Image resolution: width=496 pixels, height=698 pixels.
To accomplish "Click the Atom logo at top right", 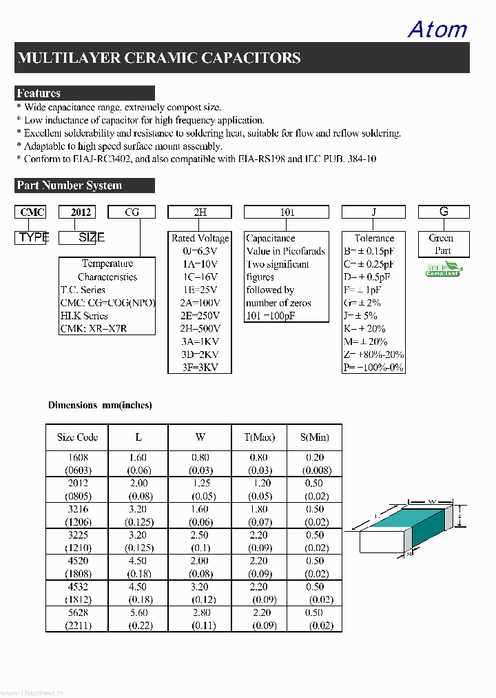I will click(437, 29).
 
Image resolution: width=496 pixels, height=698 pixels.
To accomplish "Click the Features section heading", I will click(39, 93).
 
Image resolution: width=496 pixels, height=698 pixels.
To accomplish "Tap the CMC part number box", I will click(32, 212).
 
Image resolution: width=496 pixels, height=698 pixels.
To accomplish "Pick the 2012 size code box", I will click(76, 212).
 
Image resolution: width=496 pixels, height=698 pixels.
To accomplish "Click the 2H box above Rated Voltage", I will click(200, 212).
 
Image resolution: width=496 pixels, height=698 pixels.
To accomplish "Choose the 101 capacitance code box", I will click(287, 212).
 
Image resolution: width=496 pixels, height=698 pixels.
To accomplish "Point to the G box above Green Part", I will click(444, 212).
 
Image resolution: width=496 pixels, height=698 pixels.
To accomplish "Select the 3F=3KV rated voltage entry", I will click(200, 368).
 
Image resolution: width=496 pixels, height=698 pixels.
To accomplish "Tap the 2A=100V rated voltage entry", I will click(200, 303).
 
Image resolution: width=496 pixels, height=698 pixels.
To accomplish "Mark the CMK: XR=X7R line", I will click(94, 329).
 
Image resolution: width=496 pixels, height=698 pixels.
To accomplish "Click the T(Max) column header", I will click(259, 437).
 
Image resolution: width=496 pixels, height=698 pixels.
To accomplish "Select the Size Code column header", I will click(77, 437).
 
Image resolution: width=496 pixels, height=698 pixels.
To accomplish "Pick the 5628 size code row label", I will click(77, 612).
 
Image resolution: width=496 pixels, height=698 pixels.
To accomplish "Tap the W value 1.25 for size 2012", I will click(200, 483).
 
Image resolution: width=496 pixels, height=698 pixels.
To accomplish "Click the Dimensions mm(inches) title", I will click(100, 406).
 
